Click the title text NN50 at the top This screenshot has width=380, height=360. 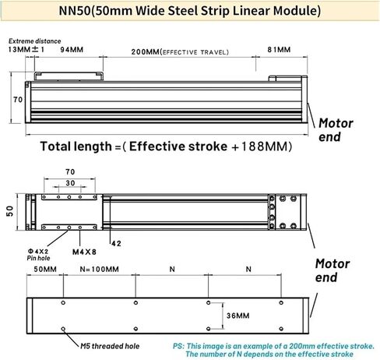pyautogui.click(x=74, y=11)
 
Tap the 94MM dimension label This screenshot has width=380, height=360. pyautogui.click(x=72, y=50)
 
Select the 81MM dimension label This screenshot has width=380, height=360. pyautogui.click(x=279, y=49)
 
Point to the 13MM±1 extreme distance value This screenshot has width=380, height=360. pyautogui.click(x=26, y=49)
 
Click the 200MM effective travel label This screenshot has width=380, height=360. pyautogui.click(x=180, y=52)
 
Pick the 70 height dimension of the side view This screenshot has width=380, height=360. pyautogui.click(x=18, y=100)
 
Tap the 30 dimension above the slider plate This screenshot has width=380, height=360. pyautogui.click(x=70, y=183)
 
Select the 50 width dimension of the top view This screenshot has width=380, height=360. pyautogui.click(x=10, y=211)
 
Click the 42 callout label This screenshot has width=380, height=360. pyautogui.click(x=117, y=243)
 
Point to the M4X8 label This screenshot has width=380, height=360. pyautogui.click(x=84, y=252)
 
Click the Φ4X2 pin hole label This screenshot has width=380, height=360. pyautogui.click(x=38, y=251)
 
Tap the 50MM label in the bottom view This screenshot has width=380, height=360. pyautogui.click(x=45, y=269)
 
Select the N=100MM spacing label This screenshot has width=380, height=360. pyautogui.click(x=99, y=269)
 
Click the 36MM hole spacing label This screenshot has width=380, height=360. pyautogui.click(x=237, y=316)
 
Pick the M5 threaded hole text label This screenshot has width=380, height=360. pyautogui.click(x=110, y=346)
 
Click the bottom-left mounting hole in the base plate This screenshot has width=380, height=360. pyautogui.click(x=63, y=329)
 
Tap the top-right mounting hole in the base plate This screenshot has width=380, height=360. pyautogui.click(x=281, y=302)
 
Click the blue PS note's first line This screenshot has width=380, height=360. pyautogui.click(x=274, y=346)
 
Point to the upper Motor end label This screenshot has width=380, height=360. pyautogui.click(x=336, y=130)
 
